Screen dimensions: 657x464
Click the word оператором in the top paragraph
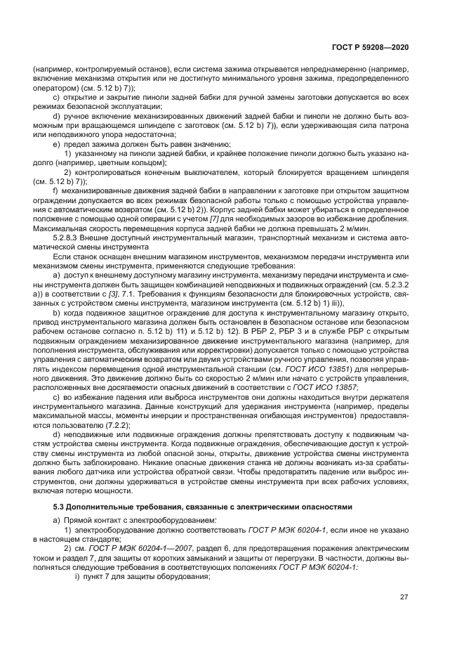(53, 88)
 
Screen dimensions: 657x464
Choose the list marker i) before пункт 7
(78, 577)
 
